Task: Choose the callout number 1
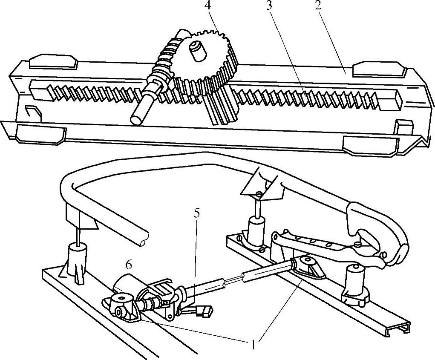pyautogui.click(x=254, y=344)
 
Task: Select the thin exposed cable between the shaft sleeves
pyautogui.click(x=233, y=279)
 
